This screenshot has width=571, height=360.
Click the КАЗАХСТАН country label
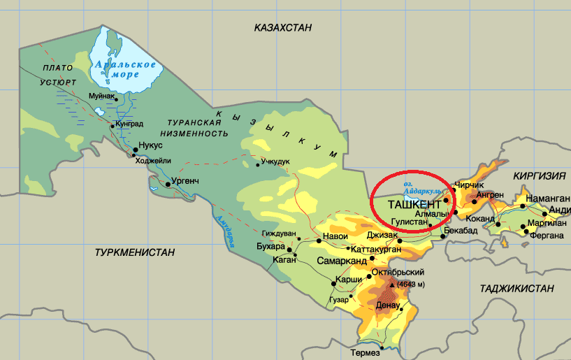282,27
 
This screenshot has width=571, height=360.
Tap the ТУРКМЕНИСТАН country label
135,252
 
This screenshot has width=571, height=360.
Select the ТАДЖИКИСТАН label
516,288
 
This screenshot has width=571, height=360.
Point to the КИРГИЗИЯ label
538,176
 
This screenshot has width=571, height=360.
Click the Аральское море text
126,69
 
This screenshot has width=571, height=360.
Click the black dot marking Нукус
135,150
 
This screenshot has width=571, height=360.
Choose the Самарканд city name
342,261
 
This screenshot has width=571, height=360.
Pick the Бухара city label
271,246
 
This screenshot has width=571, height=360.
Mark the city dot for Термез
382,346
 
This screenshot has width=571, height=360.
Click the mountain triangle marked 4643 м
391,285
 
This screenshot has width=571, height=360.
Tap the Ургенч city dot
167,186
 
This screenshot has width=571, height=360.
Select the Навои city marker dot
319,240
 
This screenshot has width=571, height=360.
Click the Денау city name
388,305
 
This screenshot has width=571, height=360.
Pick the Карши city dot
331,284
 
